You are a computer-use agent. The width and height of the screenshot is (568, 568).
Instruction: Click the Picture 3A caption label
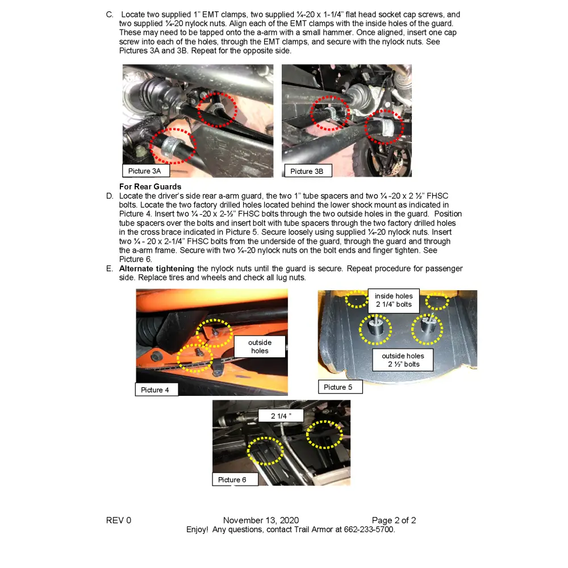pyautogui.click(x=145, y=171)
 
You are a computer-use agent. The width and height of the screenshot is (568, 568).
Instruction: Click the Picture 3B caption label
pyautogui.click(x=307, y=171)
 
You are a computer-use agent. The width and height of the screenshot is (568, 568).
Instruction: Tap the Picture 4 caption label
pyautogui.click(x=155, y=390)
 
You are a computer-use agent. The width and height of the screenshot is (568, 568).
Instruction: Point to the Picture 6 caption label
pyautogui.click(x=232, y=480)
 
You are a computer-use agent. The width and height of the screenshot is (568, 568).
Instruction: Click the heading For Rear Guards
pyautogui.click(x=151, y=186)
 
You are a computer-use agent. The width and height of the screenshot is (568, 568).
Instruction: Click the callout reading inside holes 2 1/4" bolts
pyautogui.click(x=394, y=300)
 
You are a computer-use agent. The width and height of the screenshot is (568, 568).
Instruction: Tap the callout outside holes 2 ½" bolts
pyautogui.click(x=403, y=360)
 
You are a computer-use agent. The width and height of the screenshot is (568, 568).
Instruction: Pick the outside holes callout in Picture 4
pyautogui.click(x=260, y=346)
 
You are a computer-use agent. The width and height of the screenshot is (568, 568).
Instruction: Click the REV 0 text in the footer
pyautogui.click(x=119, y=520)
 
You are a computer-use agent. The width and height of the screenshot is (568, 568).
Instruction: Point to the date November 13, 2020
pyautogui.click(x=261, y=520)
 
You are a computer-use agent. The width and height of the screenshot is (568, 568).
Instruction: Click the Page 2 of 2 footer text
pyautogui.click(x=394, y=520)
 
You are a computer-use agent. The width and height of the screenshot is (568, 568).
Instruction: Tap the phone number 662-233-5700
pyautogui.click(x=369, y=529)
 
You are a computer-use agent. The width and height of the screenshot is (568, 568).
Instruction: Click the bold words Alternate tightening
pyautogui.click(x=157, y=269)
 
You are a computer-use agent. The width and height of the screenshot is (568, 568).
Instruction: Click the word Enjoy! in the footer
pyautogui.click(x=197, y=529)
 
